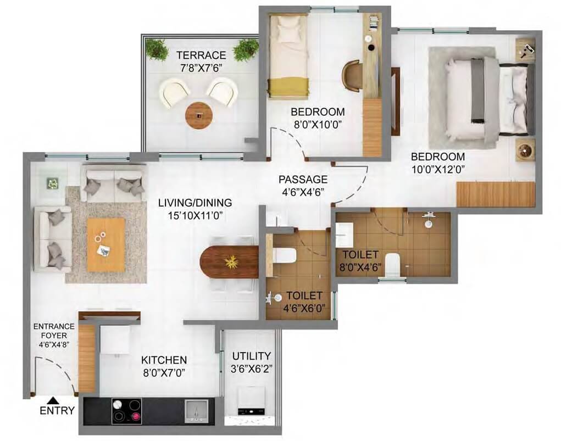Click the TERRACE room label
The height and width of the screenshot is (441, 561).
[x=201, y=55]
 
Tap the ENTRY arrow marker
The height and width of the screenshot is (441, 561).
[x=52, y=400]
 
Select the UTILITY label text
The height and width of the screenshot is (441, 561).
[x=251, y=355]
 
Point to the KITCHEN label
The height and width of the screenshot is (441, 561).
[x=164, y=360]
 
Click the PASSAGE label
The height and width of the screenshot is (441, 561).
[x=303, y=180]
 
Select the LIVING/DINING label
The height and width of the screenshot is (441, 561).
[x=195, y=202]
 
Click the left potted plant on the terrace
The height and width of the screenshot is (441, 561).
[x=157, y=49]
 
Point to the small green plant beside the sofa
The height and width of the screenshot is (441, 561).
[x=53, y=183]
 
